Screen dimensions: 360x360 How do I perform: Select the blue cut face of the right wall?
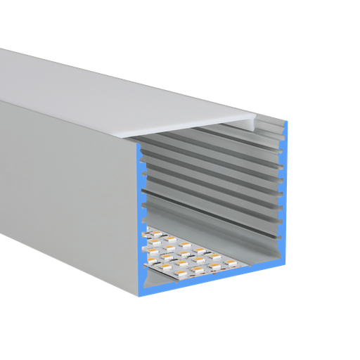coord(284,197)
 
